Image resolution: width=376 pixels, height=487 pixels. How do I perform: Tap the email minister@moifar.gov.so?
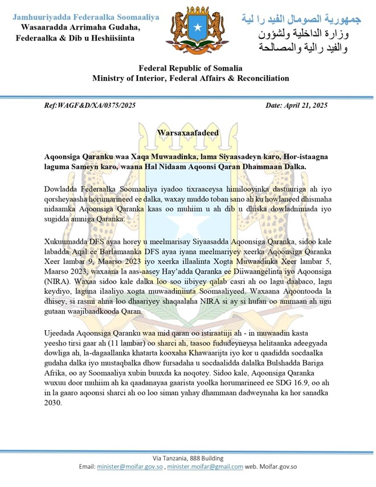pyautogui.click(x=129, y=466)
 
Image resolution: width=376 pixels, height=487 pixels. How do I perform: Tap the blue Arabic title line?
pyautogui.click(x=301, y=18)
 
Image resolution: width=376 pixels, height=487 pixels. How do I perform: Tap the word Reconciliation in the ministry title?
pyautogui.click(x=260, y=78)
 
